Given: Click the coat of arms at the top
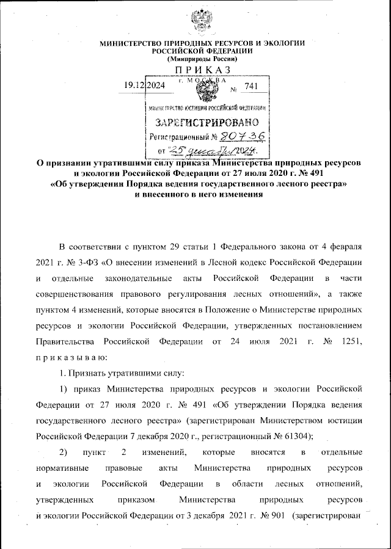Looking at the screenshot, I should tap(203, 22).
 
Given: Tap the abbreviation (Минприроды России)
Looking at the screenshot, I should tap(202, 59).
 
